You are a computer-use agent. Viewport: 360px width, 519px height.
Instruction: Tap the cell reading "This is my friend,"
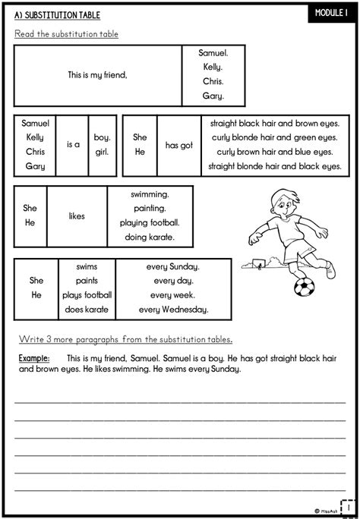click(x=97, y=75)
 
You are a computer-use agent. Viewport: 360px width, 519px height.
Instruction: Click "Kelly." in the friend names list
click(x=212, y=68)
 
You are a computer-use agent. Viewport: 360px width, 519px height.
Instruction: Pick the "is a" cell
click(x=73, y=144)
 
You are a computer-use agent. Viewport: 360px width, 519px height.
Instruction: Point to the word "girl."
click(x=102, y=151)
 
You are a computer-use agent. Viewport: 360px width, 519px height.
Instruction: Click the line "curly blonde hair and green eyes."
click(x=274, y=137)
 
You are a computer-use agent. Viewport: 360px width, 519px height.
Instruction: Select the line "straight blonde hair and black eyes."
click(x=274, y=165)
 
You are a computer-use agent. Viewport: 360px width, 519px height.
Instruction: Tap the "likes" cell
click(x=77, y=216)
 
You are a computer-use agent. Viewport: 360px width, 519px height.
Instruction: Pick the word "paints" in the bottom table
click(x=87, y=281)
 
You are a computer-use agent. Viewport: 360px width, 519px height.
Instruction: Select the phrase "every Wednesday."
click(x=174, y=310)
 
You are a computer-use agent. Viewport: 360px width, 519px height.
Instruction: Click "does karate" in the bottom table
click(x=87, y=310)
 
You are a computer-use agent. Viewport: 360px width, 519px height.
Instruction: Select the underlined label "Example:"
click(x=34, y=357)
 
